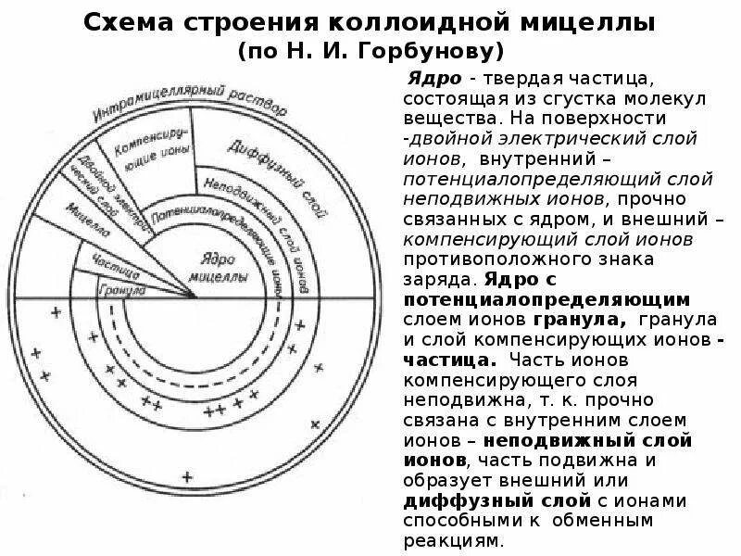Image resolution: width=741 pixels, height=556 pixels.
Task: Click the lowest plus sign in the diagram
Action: pos(187,476)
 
